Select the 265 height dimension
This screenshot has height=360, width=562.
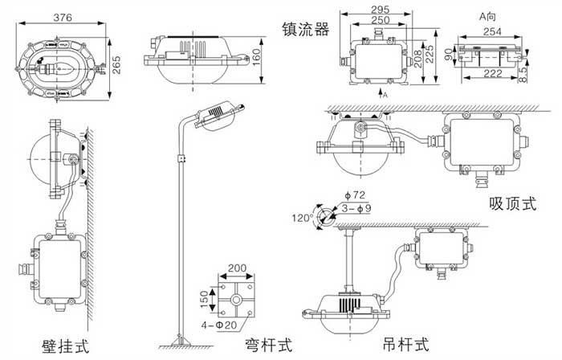click(116, 61)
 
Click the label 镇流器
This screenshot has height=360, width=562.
click(305, 30)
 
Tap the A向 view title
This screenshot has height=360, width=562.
click(487, 14)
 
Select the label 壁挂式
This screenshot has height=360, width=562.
click(65, 347)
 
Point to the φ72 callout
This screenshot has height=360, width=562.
click(353, 195)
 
